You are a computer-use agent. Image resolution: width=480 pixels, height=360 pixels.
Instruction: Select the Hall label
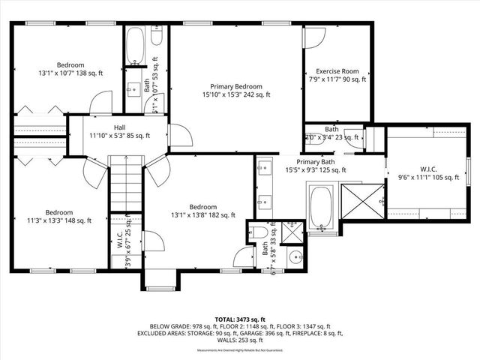point(119,131)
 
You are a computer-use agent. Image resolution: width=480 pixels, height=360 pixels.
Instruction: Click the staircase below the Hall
point(125,187)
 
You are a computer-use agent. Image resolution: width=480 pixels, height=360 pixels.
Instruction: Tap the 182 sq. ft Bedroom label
point(202,212)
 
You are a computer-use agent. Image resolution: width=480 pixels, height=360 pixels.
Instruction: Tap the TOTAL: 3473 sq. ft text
point(239,319)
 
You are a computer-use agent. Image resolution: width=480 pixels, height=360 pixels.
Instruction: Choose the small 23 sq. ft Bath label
point(331,133)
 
